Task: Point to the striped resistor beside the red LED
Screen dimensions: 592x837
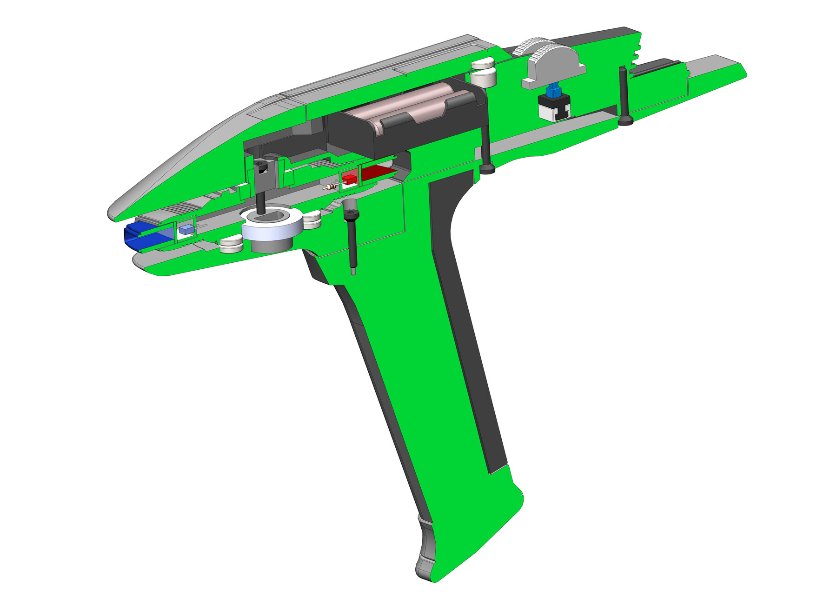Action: [x=331, y=187]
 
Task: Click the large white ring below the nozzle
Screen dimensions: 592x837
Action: [x=272, y=228]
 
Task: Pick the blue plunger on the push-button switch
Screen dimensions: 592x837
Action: [x=553, y=90]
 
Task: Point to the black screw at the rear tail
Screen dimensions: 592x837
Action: [x=624, y=95]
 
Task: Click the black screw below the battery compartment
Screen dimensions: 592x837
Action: [x=486, y=149]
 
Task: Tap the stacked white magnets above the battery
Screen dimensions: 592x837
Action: [x=484, y=72]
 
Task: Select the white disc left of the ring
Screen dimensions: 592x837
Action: [x=231, y=245]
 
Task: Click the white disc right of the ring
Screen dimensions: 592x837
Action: [x=312, y=220]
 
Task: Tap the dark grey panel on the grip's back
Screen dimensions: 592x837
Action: [x=465, y=326]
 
